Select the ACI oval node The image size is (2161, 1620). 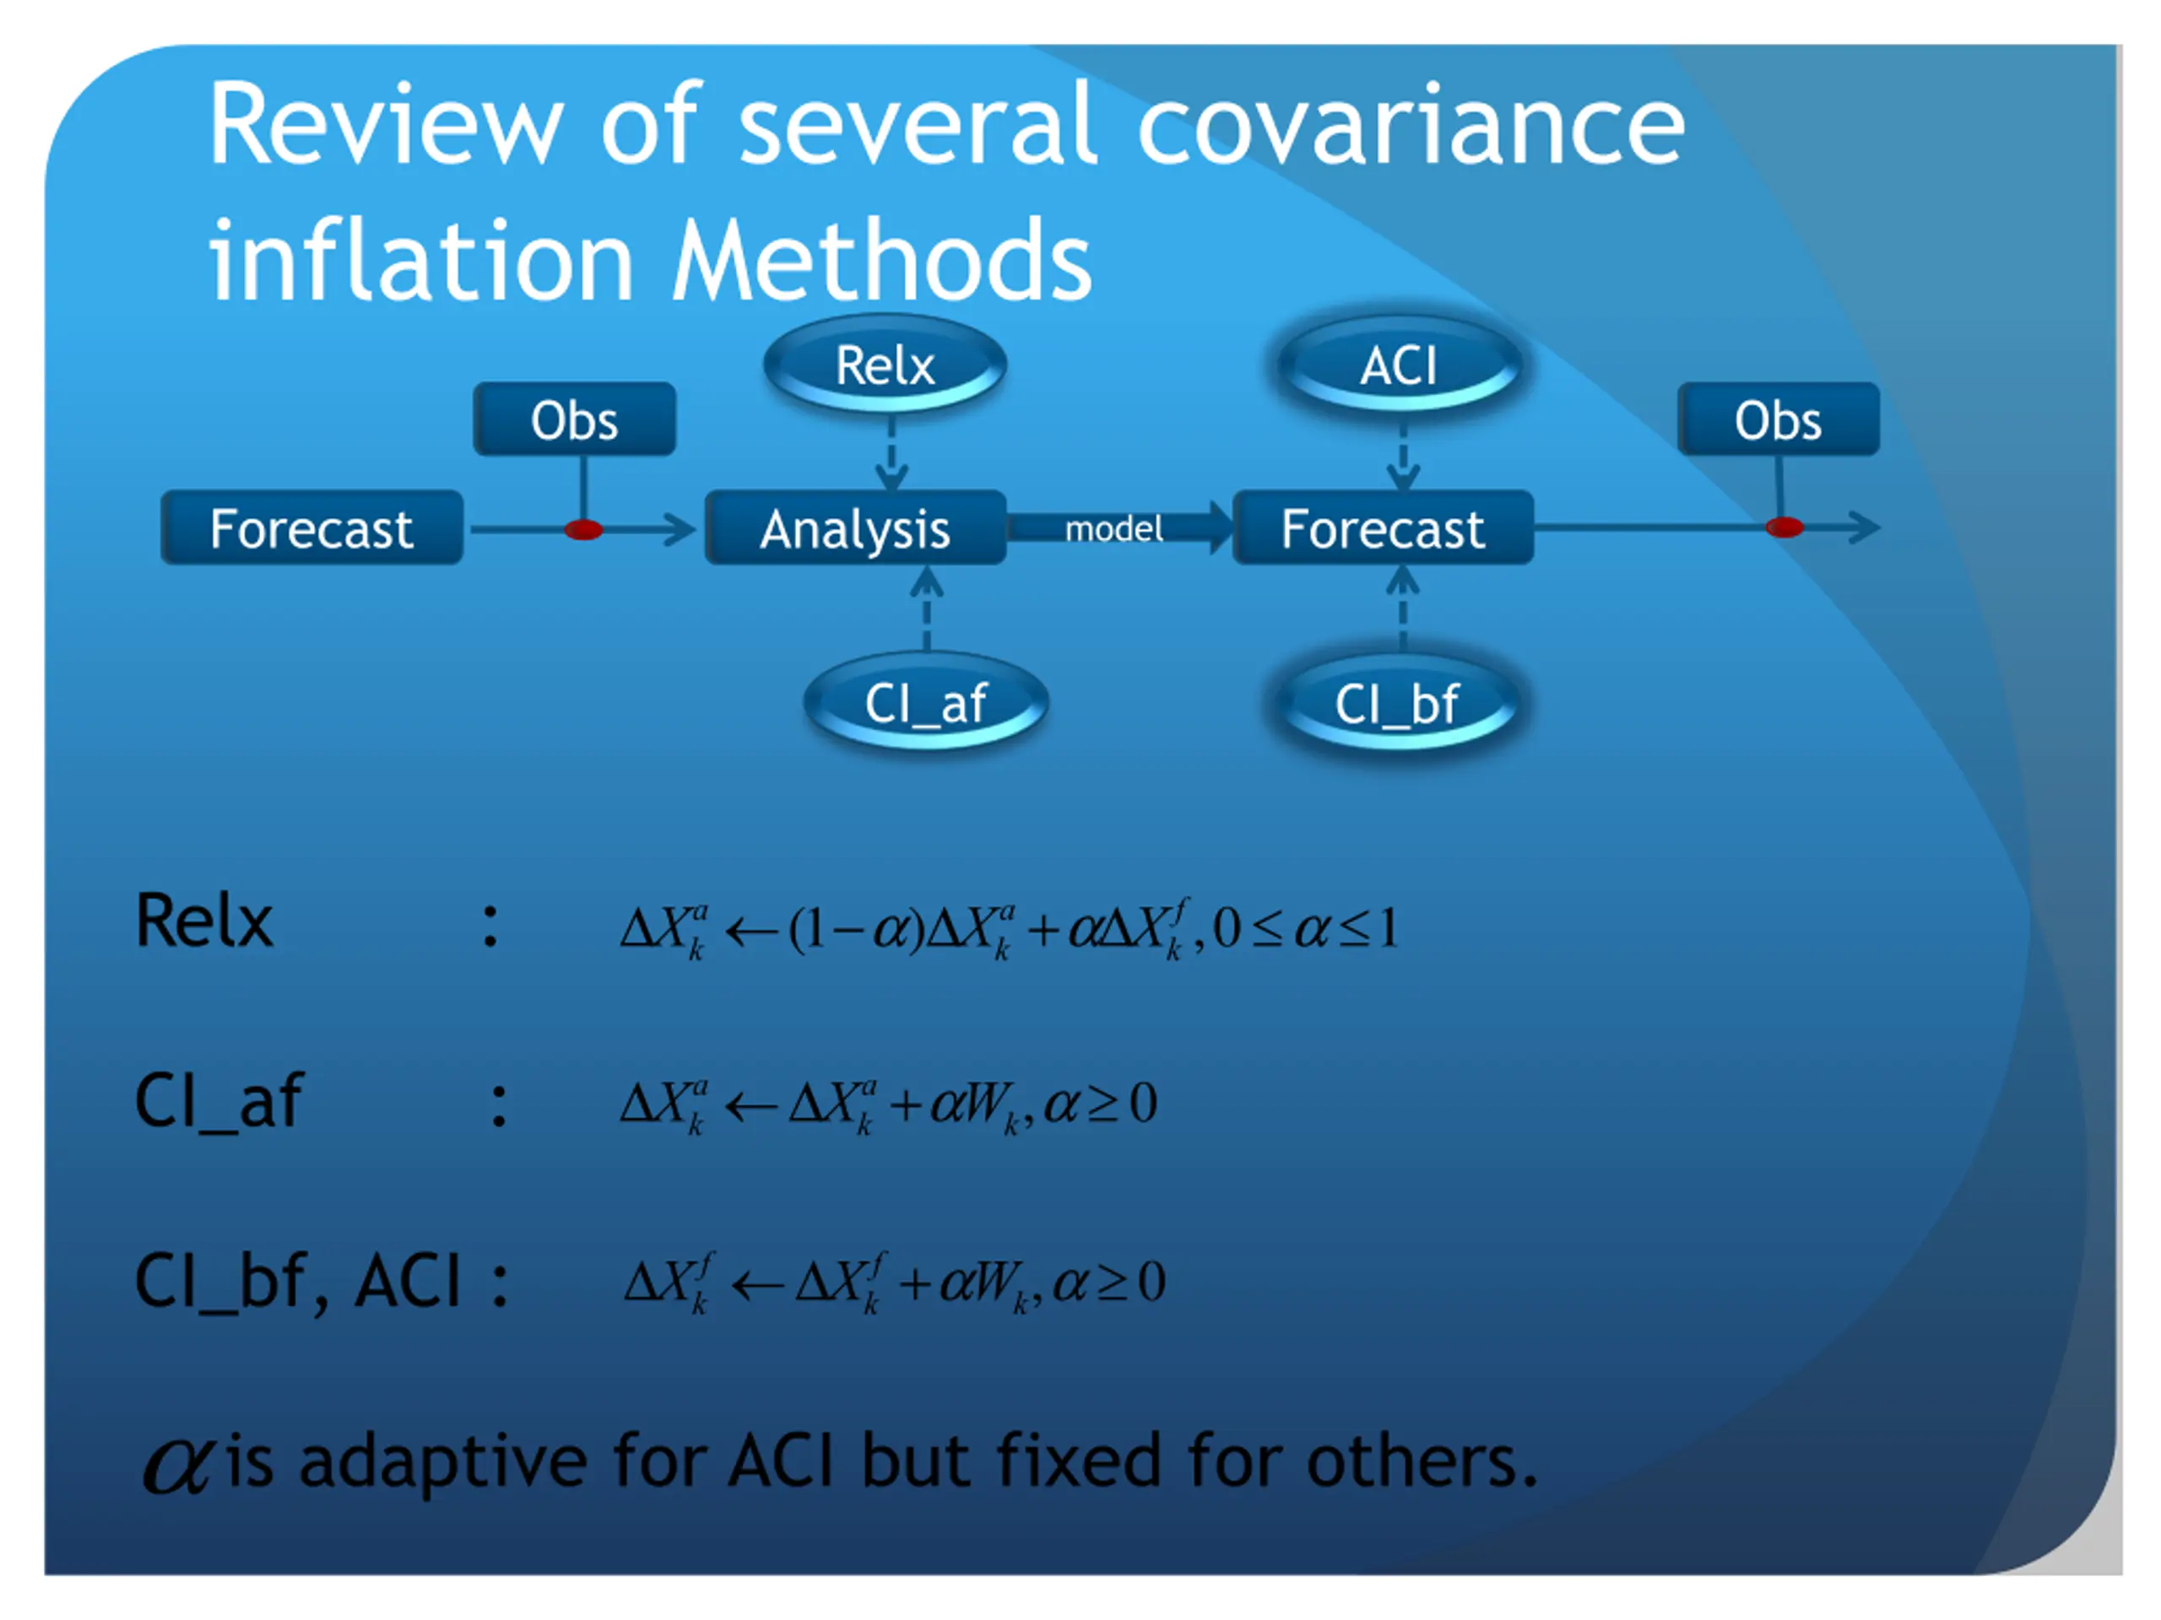click(1399, 365)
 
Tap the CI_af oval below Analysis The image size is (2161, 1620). click(925, 702)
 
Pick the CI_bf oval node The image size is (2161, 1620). click(1397, 703)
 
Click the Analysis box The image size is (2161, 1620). click(855, 528)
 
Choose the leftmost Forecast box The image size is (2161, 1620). click(311, 528)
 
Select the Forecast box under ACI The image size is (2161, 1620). click(1383, 528)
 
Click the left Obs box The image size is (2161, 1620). click(575, 420)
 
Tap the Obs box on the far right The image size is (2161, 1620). click(1778, 420)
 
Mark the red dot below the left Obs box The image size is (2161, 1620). click(583, 529)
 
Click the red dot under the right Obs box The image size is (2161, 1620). click(1784, 527)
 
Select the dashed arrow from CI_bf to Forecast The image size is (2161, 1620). click(1403, 608)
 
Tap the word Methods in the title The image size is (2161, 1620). click(882, 260)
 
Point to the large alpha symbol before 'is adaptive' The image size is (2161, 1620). click(176, 1465)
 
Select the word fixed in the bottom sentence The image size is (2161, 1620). click(1078, 1462)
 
